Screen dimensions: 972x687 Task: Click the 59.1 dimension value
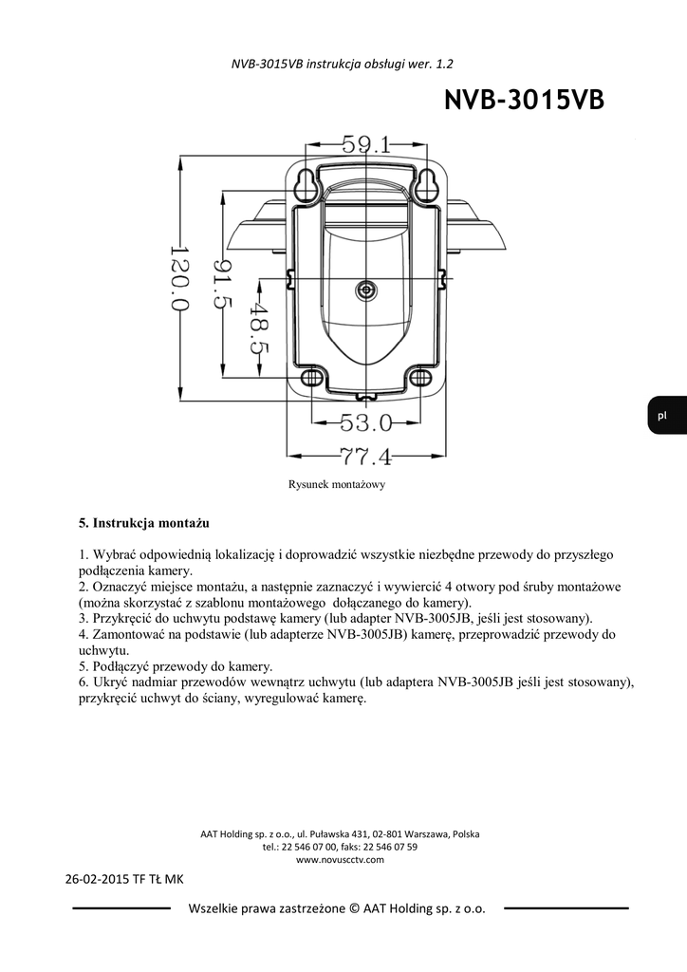pos(366,145)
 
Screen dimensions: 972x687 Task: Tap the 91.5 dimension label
pos(222,285)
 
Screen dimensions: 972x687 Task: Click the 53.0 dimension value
pos(365,421)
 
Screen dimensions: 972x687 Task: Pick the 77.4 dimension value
pos(365,458)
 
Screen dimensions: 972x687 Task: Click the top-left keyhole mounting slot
pos(306,185)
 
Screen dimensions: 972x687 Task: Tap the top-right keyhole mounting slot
pos(426,185)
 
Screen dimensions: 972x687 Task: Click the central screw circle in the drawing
pos(366,290)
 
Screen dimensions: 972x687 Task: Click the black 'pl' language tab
pos(662,415)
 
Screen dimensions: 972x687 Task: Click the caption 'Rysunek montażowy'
pos(336,484)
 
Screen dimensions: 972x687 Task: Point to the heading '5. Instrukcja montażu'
pos(144,523)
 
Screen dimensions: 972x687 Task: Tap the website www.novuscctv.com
pos(340,859)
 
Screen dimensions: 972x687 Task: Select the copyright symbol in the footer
pos(357,908)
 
